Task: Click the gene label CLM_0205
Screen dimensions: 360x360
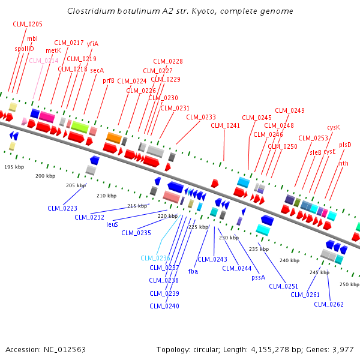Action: [28, 23]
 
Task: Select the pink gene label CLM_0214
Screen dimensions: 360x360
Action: [44, 61]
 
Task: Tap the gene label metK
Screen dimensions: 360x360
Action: [53, 50]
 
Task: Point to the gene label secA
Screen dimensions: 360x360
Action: [97, 70]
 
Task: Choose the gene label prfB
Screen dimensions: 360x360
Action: [108, 80]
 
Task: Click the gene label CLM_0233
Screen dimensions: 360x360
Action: [201, 117]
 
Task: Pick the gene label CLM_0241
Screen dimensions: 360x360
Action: [226, 125]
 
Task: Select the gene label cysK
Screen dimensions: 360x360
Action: [333, 127]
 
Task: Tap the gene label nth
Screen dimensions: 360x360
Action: [343, 163]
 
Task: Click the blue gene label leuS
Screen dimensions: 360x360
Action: [112, 224]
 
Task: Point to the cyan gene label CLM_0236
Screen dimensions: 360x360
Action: [155, 258]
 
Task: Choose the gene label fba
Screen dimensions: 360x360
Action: [193, 271]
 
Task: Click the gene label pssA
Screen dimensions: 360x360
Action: [258, 277]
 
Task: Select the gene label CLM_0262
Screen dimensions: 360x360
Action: [329, 304]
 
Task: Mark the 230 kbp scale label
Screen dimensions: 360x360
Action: [229, 238]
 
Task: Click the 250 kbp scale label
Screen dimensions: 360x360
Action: [349, 284]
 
